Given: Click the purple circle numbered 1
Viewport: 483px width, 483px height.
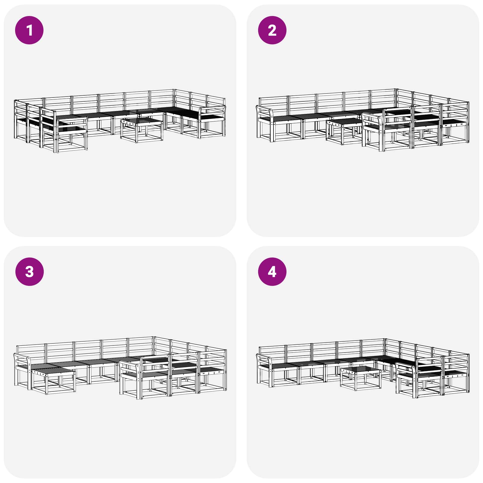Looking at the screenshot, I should (29, 30).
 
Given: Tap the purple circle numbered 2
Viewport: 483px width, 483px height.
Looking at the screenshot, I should (272, 30).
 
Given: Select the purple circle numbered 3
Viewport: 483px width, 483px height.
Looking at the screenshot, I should (29, 271).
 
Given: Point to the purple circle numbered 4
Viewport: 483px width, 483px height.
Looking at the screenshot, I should (272, 271).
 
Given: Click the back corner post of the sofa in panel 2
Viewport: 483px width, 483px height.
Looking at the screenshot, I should (396, 98).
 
